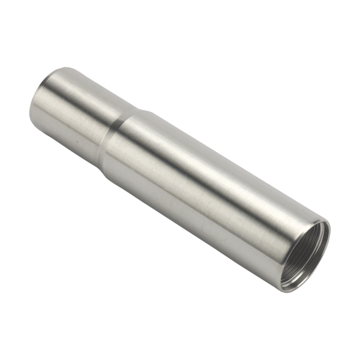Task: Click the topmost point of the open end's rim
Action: tap(324, 221)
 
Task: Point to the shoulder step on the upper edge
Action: tap(142, 110)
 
